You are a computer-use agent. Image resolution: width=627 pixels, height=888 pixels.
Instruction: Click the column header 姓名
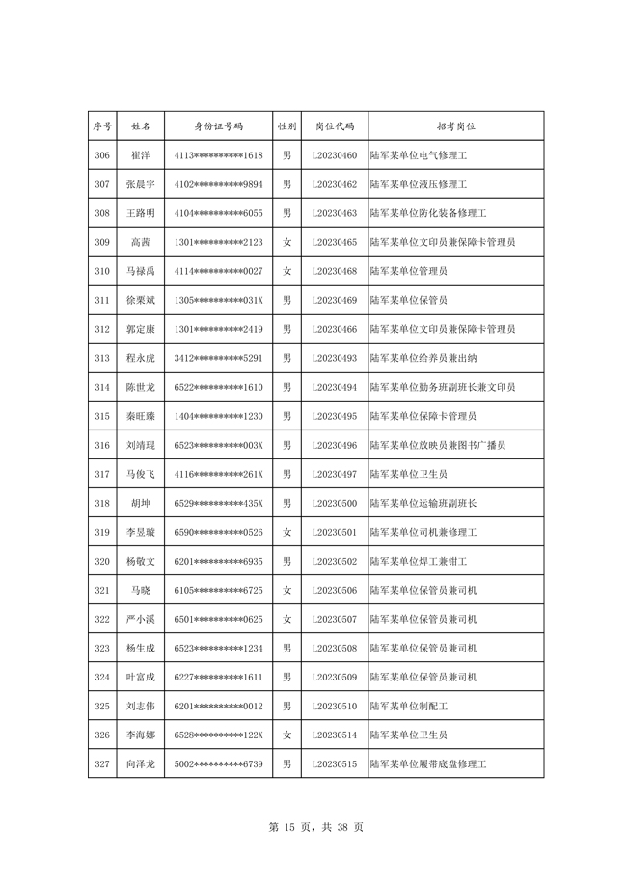coord(140,126)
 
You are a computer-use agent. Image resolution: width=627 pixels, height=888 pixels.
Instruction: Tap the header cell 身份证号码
coord(219,126)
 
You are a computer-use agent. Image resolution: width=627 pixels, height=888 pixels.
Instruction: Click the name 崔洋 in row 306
coord(140,155)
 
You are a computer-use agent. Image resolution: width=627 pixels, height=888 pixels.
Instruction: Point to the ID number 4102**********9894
coord(219,184)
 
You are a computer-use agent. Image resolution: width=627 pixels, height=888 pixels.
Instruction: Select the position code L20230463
coord(335,213)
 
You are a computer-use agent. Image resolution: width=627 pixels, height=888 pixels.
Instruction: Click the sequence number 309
coord(102,242)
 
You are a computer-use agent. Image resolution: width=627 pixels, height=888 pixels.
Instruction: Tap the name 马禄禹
coord(140,271)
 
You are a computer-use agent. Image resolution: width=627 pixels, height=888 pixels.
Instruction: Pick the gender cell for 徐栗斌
coord(286,300)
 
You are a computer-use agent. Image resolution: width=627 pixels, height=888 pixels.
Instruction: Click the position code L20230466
coord(335,329)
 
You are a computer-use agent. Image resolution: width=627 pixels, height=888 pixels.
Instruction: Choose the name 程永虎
coord(140,358)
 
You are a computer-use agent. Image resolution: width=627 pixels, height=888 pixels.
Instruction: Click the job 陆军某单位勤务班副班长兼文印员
coord(442,387)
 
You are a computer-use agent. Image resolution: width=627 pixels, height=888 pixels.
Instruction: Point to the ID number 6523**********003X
coord(219,445)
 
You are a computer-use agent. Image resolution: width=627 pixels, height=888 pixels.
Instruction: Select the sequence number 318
coord(102,503)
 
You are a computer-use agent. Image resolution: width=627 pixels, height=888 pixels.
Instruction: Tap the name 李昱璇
coord(140,532)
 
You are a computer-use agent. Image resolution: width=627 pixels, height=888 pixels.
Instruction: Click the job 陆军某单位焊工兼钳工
coord(418,561)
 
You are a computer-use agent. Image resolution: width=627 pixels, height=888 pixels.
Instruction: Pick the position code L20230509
coord(335,677)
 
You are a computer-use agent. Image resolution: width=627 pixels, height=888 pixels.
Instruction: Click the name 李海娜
coord(140,735)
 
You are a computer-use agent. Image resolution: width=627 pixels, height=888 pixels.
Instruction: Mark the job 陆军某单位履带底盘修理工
coord(427,763)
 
